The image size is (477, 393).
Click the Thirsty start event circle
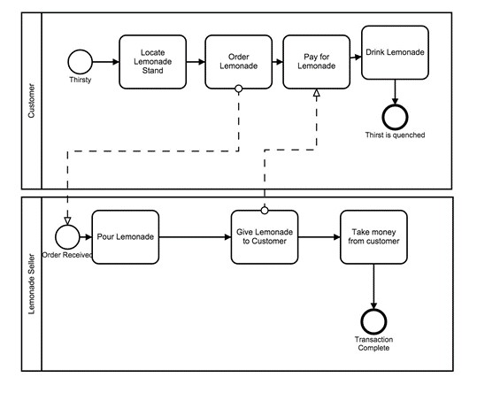[81, 61]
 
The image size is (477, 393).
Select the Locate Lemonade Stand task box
[152, 62]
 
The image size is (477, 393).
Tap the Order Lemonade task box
[238, 62]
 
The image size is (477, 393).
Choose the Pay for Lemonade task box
[316, 62]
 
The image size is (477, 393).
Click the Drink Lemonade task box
[395, 52]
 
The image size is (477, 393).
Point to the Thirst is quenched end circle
[395, 116]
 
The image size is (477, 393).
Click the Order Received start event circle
[66, 236]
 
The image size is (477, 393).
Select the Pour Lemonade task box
[125, 236]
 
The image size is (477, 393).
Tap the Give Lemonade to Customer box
[264, 236]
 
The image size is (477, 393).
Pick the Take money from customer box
[373, 236]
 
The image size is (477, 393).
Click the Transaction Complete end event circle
[373, 320]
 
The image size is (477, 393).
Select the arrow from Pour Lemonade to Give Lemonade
[195, 236]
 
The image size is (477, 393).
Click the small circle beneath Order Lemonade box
[239, 89]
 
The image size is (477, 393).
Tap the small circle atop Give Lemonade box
[264, 210]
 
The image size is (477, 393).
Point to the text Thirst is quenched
[395, 135]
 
